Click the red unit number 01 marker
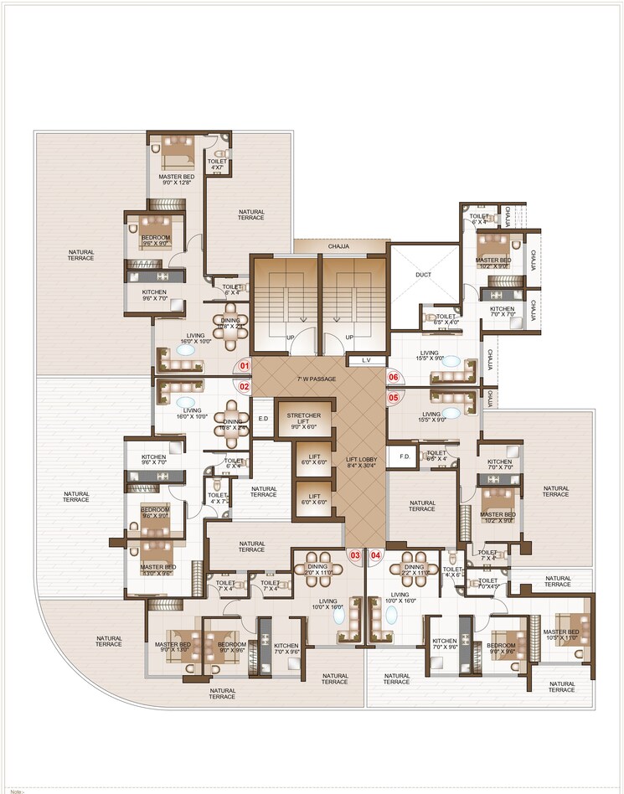[x=245, y=366]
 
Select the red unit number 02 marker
[x=245, y=387]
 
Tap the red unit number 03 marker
[x=355, y=554]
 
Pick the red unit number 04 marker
[x=375, y=554]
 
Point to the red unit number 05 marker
[x=394, y=398]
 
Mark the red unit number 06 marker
[x=394, y=378]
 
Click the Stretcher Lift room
[x=302, y=420]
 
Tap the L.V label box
[x=365, y=360]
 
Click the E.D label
[x=262, y=419]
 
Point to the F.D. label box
[x=404, y=456]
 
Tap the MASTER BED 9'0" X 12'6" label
[x=177, y=180]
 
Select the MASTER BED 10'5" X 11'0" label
[x=560, y=635]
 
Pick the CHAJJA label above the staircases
[x=338, y=246]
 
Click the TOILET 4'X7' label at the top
[x=217, y=164]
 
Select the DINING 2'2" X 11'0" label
[x=415, y=570]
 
